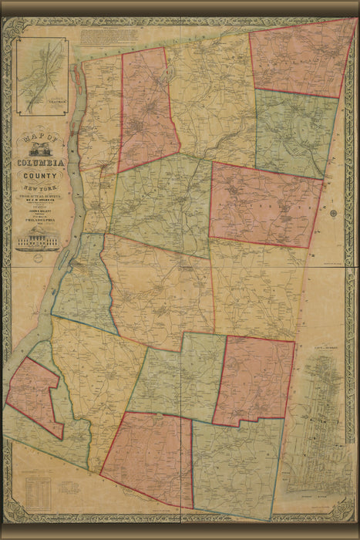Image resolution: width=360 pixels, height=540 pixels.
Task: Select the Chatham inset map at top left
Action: [x=42, y=76]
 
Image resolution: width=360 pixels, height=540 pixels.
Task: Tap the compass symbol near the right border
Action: [x=333, y=214]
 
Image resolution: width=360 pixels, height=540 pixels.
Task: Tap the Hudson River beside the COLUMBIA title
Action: [x=74, y=154]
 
